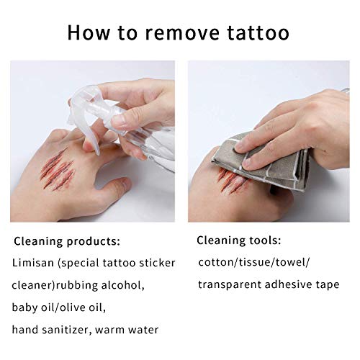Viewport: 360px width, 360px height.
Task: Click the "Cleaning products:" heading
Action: click(x=66, y=240)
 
